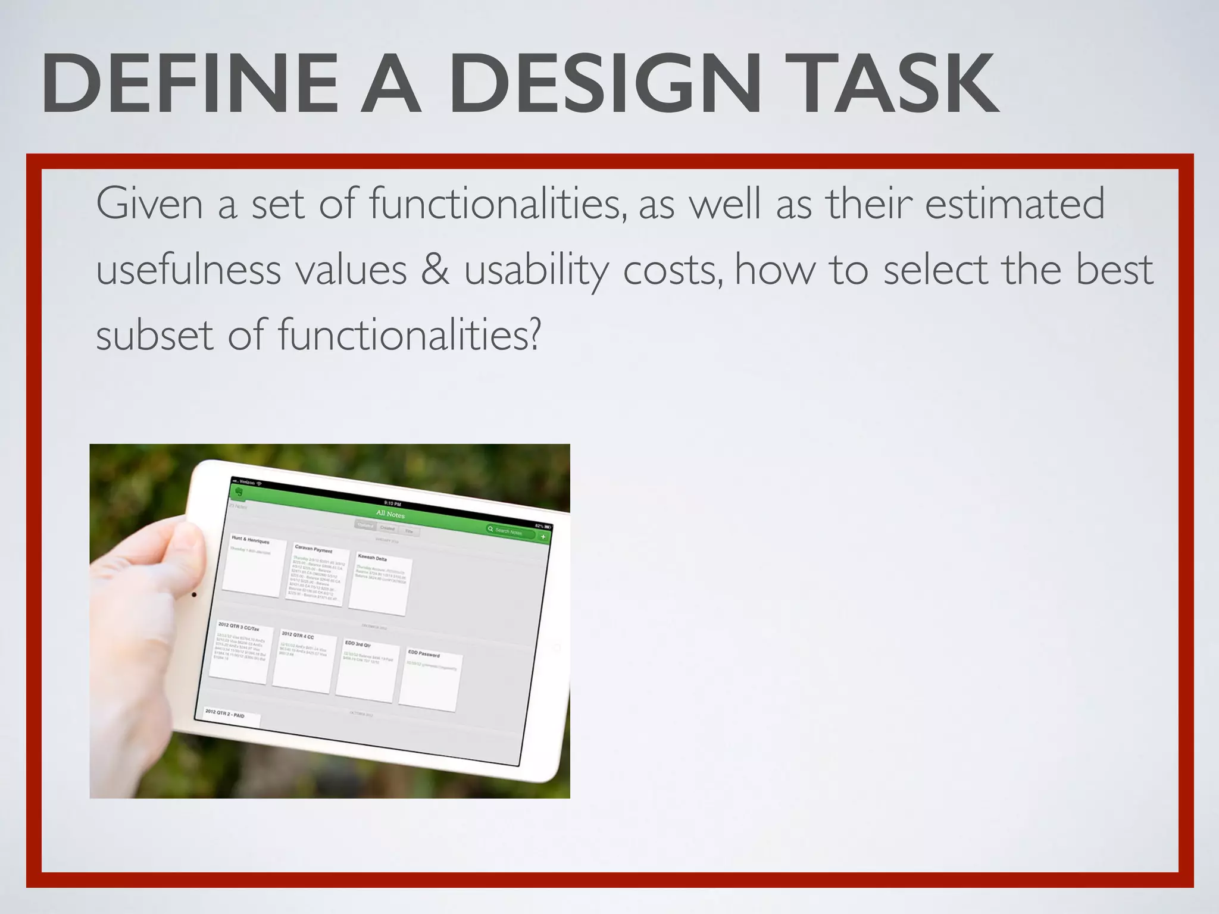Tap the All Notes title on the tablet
point(390,513)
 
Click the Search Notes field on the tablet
point(510,531)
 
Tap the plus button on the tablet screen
point(543,537)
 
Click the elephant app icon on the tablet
point(239,492)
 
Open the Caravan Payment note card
point(317,574)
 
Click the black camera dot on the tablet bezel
point(194,594)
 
